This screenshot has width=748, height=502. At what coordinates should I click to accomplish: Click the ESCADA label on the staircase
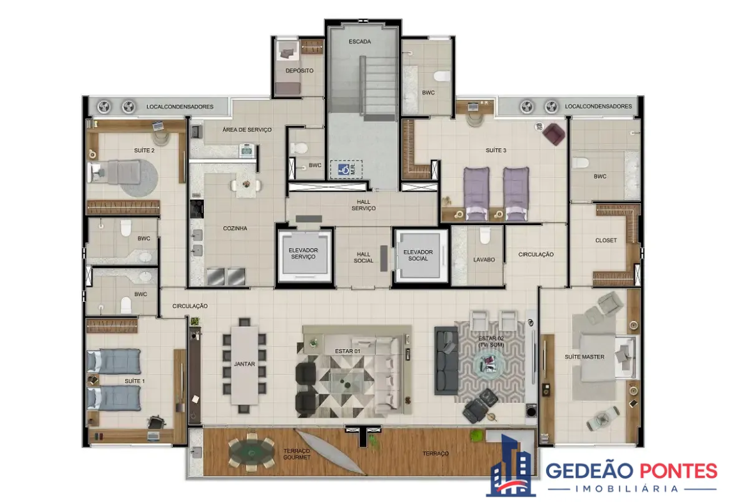click(x=360, y=42)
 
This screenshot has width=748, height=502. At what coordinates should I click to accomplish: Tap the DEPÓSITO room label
click(x=300, y=70)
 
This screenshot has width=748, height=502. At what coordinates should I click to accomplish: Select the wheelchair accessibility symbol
click(x=343, y=169)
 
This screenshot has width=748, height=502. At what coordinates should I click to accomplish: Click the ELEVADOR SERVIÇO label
click(x=304, y=253)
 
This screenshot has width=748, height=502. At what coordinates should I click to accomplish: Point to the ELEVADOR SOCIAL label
click(x=418, y=255)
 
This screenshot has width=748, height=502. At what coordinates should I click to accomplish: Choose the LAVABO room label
click(x=484, y=260)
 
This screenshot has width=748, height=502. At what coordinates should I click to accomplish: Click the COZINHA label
click(x=235, y=228)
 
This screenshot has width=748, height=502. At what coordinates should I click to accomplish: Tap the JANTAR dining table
click(x=245, y=365)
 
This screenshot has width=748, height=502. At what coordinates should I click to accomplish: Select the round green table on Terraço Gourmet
click(x=251, y=451)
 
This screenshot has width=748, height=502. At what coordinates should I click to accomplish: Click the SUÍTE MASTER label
click(x=584, y=357)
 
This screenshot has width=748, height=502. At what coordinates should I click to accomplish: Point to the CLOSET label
click(x=606, y=240)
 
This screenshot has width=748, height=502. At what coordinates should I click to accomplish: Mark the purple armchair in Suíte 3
click(x=554, y=134)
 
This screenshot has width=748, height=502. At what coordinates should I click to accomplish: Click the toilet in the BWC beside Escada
click(x=442, y=76)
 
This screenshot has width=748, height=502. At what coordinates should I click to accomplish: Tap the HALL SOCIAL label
click(x=364, y=258)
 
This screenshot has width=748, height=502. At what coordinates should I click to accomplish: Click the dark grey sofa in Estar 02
click(x=446, y=360)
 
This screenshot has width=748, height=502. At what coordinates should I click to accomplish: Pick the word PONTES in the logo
click(x=678, y=471)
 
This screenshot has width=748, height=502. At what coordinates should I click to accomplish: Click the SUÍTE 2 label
click(x=144, y=150)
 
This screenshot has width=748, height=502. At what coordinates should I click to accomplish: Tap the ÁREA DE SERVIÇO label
click(x=247, y=130)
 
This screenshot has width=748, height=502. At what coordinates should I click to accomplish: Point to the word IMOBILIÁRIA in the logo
click(x=627, y=489)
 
